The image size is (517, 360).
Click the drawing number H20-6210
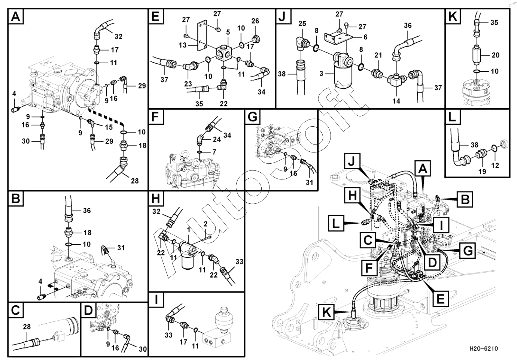pyautogui.click(x=484, y=349)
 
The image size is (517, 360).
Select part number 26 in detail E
pyautogui.click(x=255, y=21)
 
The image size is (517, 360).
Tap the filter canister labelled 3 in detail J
pyautogui.click(x=341, y=77)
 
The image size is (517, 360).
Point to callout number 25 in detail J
pyautogui.click(x=302, y=24)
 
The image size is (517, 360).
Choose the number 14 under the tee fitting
pyautogui.click(x=396, y=101)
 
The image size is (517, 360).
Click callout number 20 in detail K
pyautogui.click(x=495, y=55)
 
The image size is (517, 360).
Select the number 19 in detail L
pyautogui.click(x=483, y=171)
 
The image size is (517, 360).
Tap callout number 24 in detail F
pyautogui.click(x=217, y=139)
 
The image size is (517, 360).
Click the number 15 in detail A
pyautogui.click(x=109, y=127)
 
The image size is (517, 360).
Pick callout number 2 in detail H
pyautogui.click(x=205, y=224)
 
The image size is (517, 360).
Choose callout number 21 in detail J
pyautogui.click(x=378, y=55)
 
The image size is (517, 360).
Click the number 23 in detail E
pyautogui.click(x=188, y=84)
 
